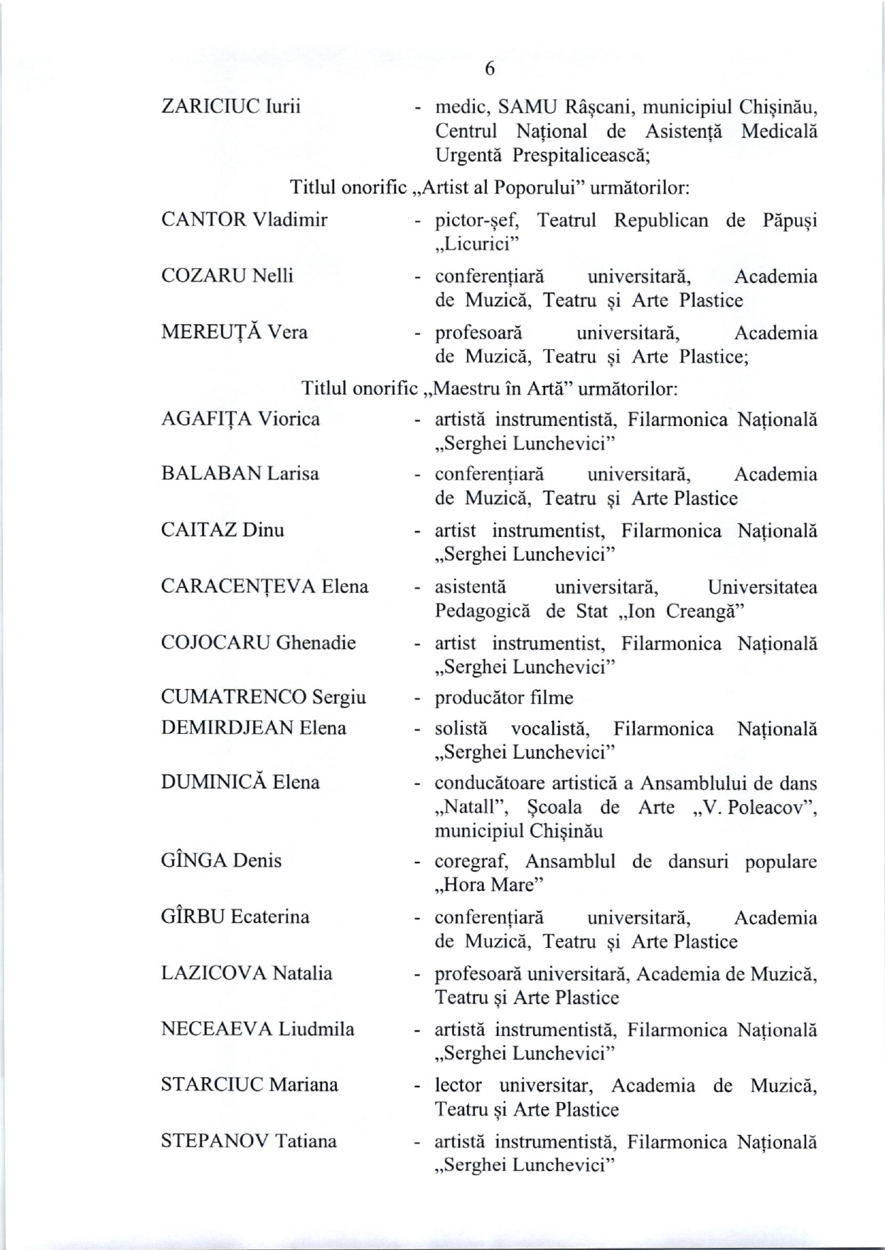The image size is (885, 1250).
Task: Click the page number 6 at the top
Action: tap(489, 68)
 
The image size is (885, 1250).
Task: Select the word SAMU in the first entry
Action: tap(527, 107)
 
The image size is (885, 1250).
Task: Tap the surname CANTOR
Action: tap(204, 219)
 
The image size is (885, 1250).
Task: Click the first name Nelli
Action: tap(272, 275)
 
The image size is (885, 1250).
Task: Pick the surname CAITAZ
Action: tap(199, 530)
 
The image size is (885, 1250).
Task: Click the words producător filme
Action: tap(504, 698)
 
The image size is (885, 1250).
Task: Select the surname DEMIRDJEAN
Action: tap(227, 727)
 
